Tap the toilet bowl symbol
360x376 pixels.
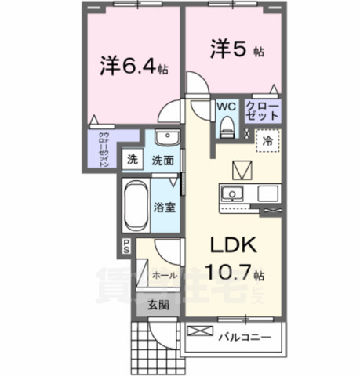(228, 124)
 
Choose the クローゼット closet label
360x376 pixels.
(261, 110)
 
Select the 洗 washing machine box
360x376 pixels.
(134, 160)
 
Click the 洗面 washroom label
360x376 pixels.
(162, 160)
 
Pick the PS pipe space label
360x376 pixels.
(125, 248)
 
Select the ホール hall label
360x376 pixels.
(164, 276)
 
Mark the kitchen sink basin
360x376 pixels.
(232, 194)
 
